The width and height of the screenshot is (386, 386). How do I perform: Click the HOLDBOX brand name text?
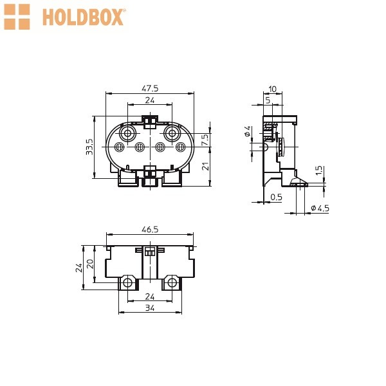(x=84, y=17)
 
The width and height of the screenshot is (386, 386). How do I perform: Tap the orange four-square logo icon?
(x=17, y=17)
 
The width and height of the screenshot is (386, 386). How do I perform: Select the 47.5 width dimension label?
(x=150, y=88)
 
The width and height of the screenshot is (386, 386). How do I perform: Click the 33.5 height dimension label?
(x=89, y=147)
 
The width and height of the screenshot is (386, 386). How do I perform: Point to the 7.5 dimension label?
(x=205, y=140)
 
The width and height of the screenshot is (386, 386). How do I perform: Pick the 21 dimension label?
(x=205, y=167)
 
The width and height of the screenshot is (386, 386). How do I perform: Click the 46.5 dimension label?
(x=150, y=230)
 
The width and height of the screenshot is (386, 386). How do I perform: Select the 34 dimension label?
(x=150, y=308)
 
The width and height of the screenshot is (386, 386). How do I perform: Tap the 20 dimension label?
(x=90, y=264)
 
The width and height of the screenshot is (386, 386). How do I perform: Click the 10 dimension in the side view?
(x=273, y=89)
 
